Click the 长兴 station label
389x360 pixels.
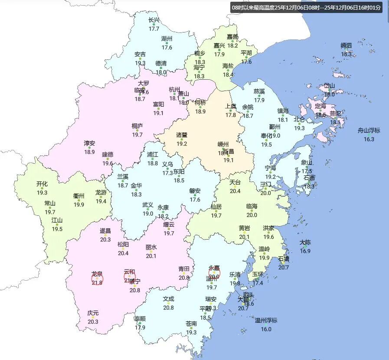[x=154, y=20]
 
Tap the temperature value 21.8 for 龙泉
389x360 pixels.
[x=97, y=282]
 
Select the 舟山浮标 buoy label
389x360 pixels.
[x=369, y=130]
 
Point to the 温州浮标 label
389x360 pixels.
[x=266, y=321]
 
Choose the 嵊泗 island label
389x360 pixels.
[x=346, y=45]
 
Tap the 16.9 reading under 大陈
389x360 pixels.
[x=305, y=251]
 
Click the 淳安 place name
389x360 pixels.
[x=89, y=143]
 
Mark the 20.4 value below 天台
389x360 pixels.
[x=235, y=191]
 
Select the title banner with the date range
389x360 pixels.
[x=306, y=8]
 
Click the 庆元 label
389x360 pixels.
[x=93, y=313]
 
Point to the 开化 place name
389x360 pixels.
[x=42, y=184]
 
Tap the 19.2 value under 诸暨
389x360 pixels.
[x=182, y=144]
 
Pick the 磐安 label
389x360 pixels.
[x=195, y=191]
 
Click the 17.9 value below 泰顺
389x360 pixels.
[x=140, y=328]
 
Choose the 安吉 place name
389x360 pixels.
[x=140, y=55]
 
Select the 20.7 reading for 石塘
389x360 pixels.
[x=284, y=267]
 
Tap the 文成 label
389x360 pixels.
[x=168, y=299]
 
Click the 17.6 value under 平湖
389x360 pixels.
[x=246, y=62]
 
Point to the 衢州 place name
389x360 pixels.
[x=78, y=196]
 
